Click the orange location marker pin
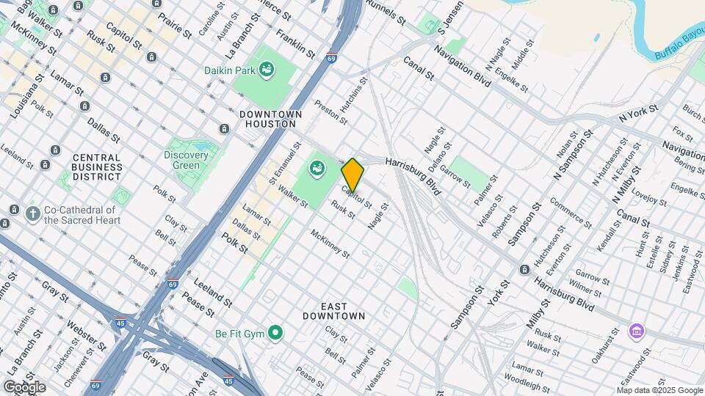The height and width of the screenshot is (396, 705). (352, 175)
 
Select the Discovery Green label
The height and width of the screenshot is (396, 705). (181, 160)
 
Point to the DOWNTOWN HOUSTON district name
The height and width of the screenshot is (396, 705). (270, 120)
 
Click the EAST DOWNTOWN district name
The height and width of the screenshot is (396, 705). (333, 310)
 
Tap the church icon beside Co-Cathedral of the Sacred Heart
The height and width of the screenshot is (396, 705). (32, 213)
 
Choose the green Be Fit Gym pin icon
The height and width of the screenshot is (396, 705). (275, 334)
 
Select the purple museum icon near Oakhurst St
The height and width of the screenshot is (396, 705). (637, 331)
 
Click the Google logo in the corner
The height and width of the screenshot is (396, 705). (24, 386)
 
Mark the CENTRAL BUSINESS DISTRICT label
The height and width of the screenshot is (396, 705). (96, 167)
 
